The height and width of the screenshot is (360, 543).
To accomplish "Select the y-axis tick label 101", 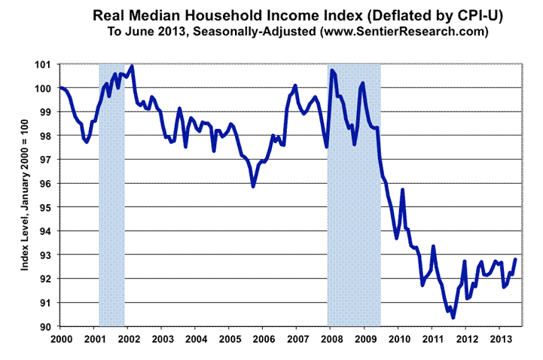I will [48, 64].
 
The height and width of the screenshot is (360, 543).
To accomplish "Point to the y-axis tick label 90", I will [48, 326].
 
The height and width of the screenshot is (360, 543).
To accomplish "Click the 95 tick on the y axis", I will [48, 207].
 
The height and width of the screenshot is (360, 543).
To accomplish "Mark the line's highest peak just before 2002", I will [133, 66].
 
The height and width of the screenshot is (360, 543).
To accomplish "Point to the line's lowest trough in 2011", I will [453, 318].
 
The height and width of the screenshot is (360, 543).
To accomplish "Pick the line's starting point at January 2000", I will [60, 88].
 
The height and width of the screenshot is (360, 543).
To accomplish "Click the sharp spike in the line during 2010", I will [403, 190].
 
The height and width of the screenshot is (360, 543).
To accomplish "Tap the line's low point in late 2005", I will [253, 186].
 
